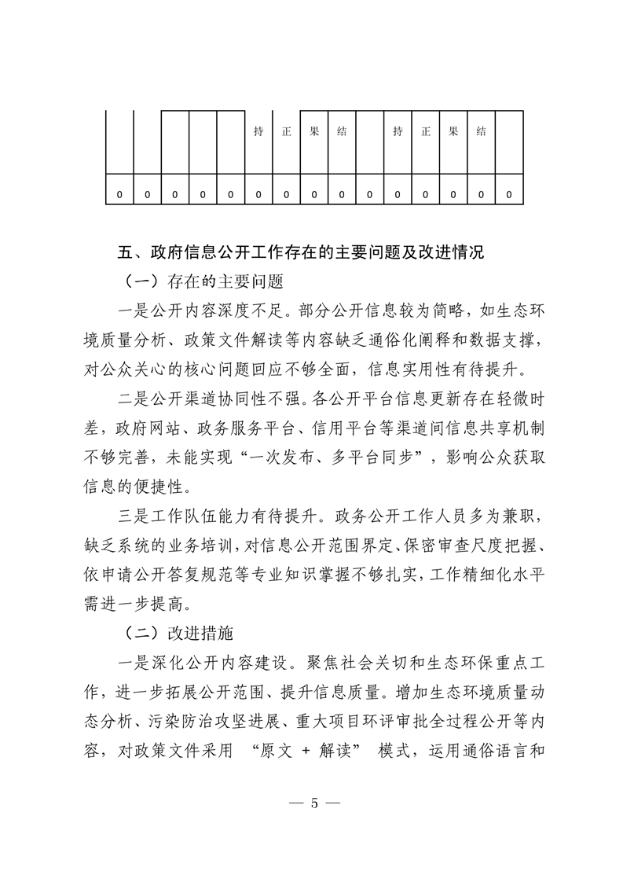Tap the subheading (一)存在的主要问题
tap(203, 281)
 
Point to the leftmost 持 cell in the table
tap(258, 132)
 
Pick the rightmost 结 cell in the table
tap(480, 132)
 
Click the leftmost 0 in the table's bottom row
tap(119, 193)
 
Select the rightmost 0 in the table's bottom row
tap(508, 193)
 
